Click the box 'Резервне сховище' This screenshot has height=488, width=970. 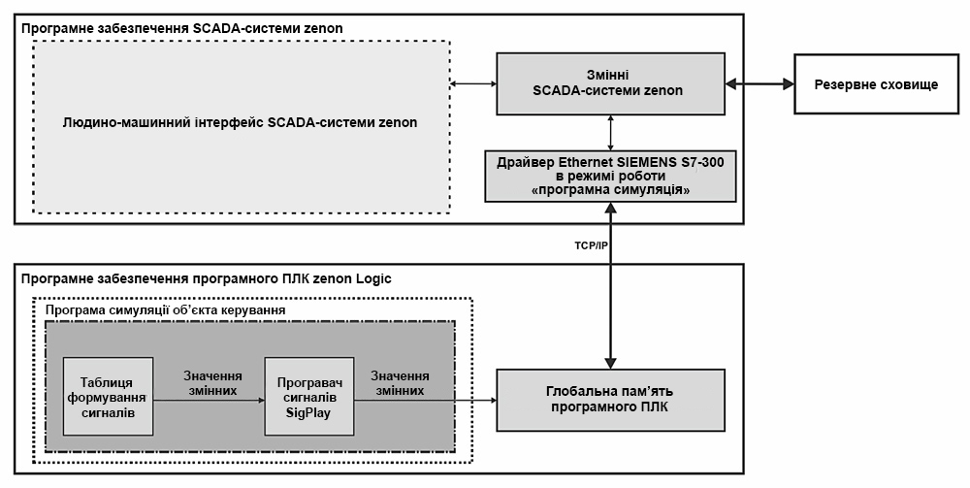(881, 84)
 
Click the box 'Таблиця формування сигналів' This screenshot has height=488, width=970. (108, 398)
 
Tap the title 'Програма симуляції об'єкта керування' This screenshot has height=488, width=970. (166, 310)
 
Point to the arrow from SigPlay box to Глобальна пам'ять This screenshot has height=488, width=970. (423, 399)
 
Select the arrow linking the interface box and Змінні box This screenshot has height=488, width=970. (473, 84)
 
